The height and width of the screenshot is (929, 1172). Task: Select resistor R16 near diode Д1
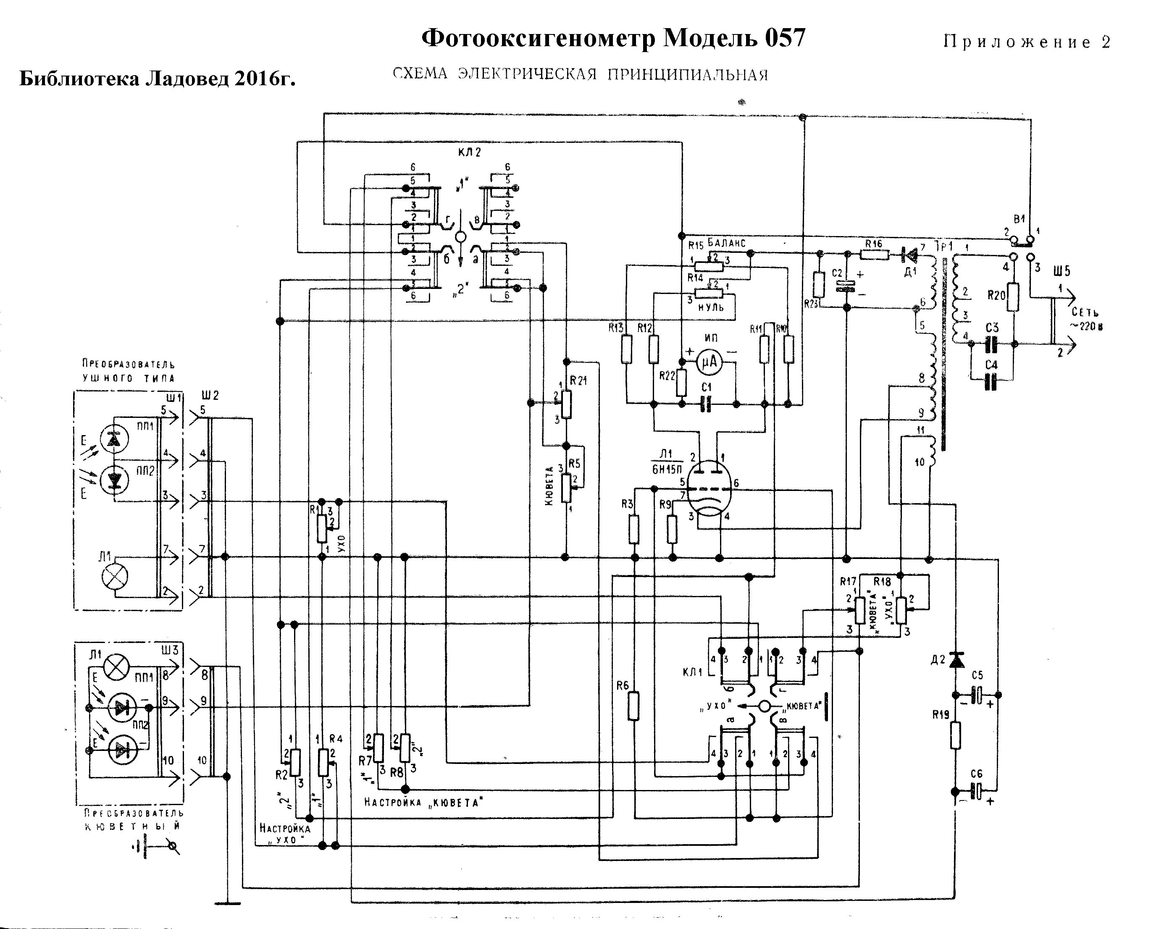[875, 254]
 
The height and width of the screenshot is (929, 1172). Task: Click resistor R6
[634, 706]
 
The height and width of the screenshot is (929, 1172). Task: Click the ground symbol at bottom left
[228, 903]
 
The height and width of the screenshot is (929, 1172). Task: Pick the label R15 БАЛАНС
[717, 244]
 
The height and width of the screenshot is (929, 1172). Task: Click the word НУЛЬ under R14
[711, 307]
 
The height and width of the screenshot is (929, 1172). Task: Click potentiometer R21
[566, 403]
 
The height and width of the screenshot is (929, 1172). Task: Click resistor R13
[626, 349]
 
